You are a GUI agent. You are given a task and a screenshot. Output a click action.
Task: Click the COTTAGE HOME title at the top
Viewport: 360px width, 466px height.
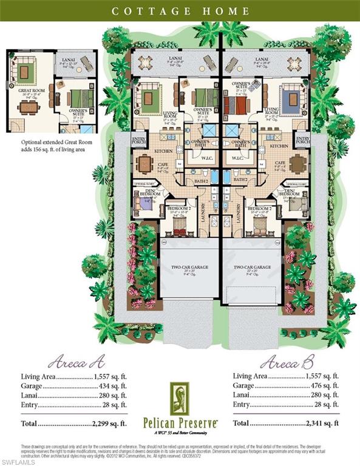pos(180,10)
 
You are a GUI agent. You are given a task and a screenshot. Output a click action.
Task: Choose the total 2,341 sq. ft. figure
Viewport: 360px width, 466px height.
pos(318,423)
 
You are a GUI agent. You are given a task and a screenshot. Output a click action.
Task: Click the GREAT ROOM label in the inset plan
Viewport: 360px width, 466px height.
pos(25,93)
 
